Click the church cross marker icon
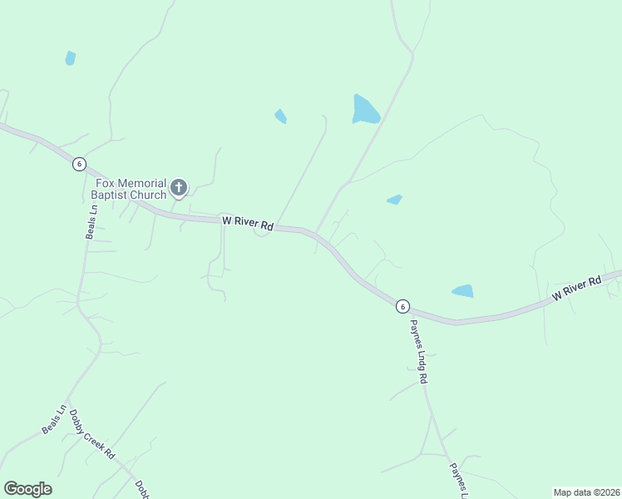[x=179, y=188]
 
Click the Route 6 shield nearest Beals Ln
[x=78, y=164]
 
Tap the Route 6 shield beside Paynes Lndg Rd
[x=402, y=306]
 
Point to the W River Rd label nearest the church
[x=248, y=224]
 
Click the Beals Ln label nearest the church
[x=91, y=222]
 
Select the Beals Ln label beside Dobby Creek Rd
[x=53, y=419]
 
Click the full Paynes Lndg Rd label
[x=417, y=352]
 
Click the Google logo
[x=27, y=489]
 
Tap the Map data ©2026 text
[x=586, y=492]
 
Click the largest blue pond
[x=365, y=110]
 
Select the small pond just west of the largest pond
[x=281, y=116]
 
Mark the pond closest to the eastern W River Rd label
[x=462, y=291]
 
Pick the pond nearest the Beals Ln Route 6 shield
[x=71, y=58]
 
